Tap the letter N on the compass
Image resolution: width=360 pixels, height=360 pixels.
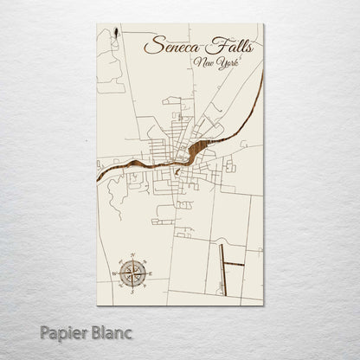132,257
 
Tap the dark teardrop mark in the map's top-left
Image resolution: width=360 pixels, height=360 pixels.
116,36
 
